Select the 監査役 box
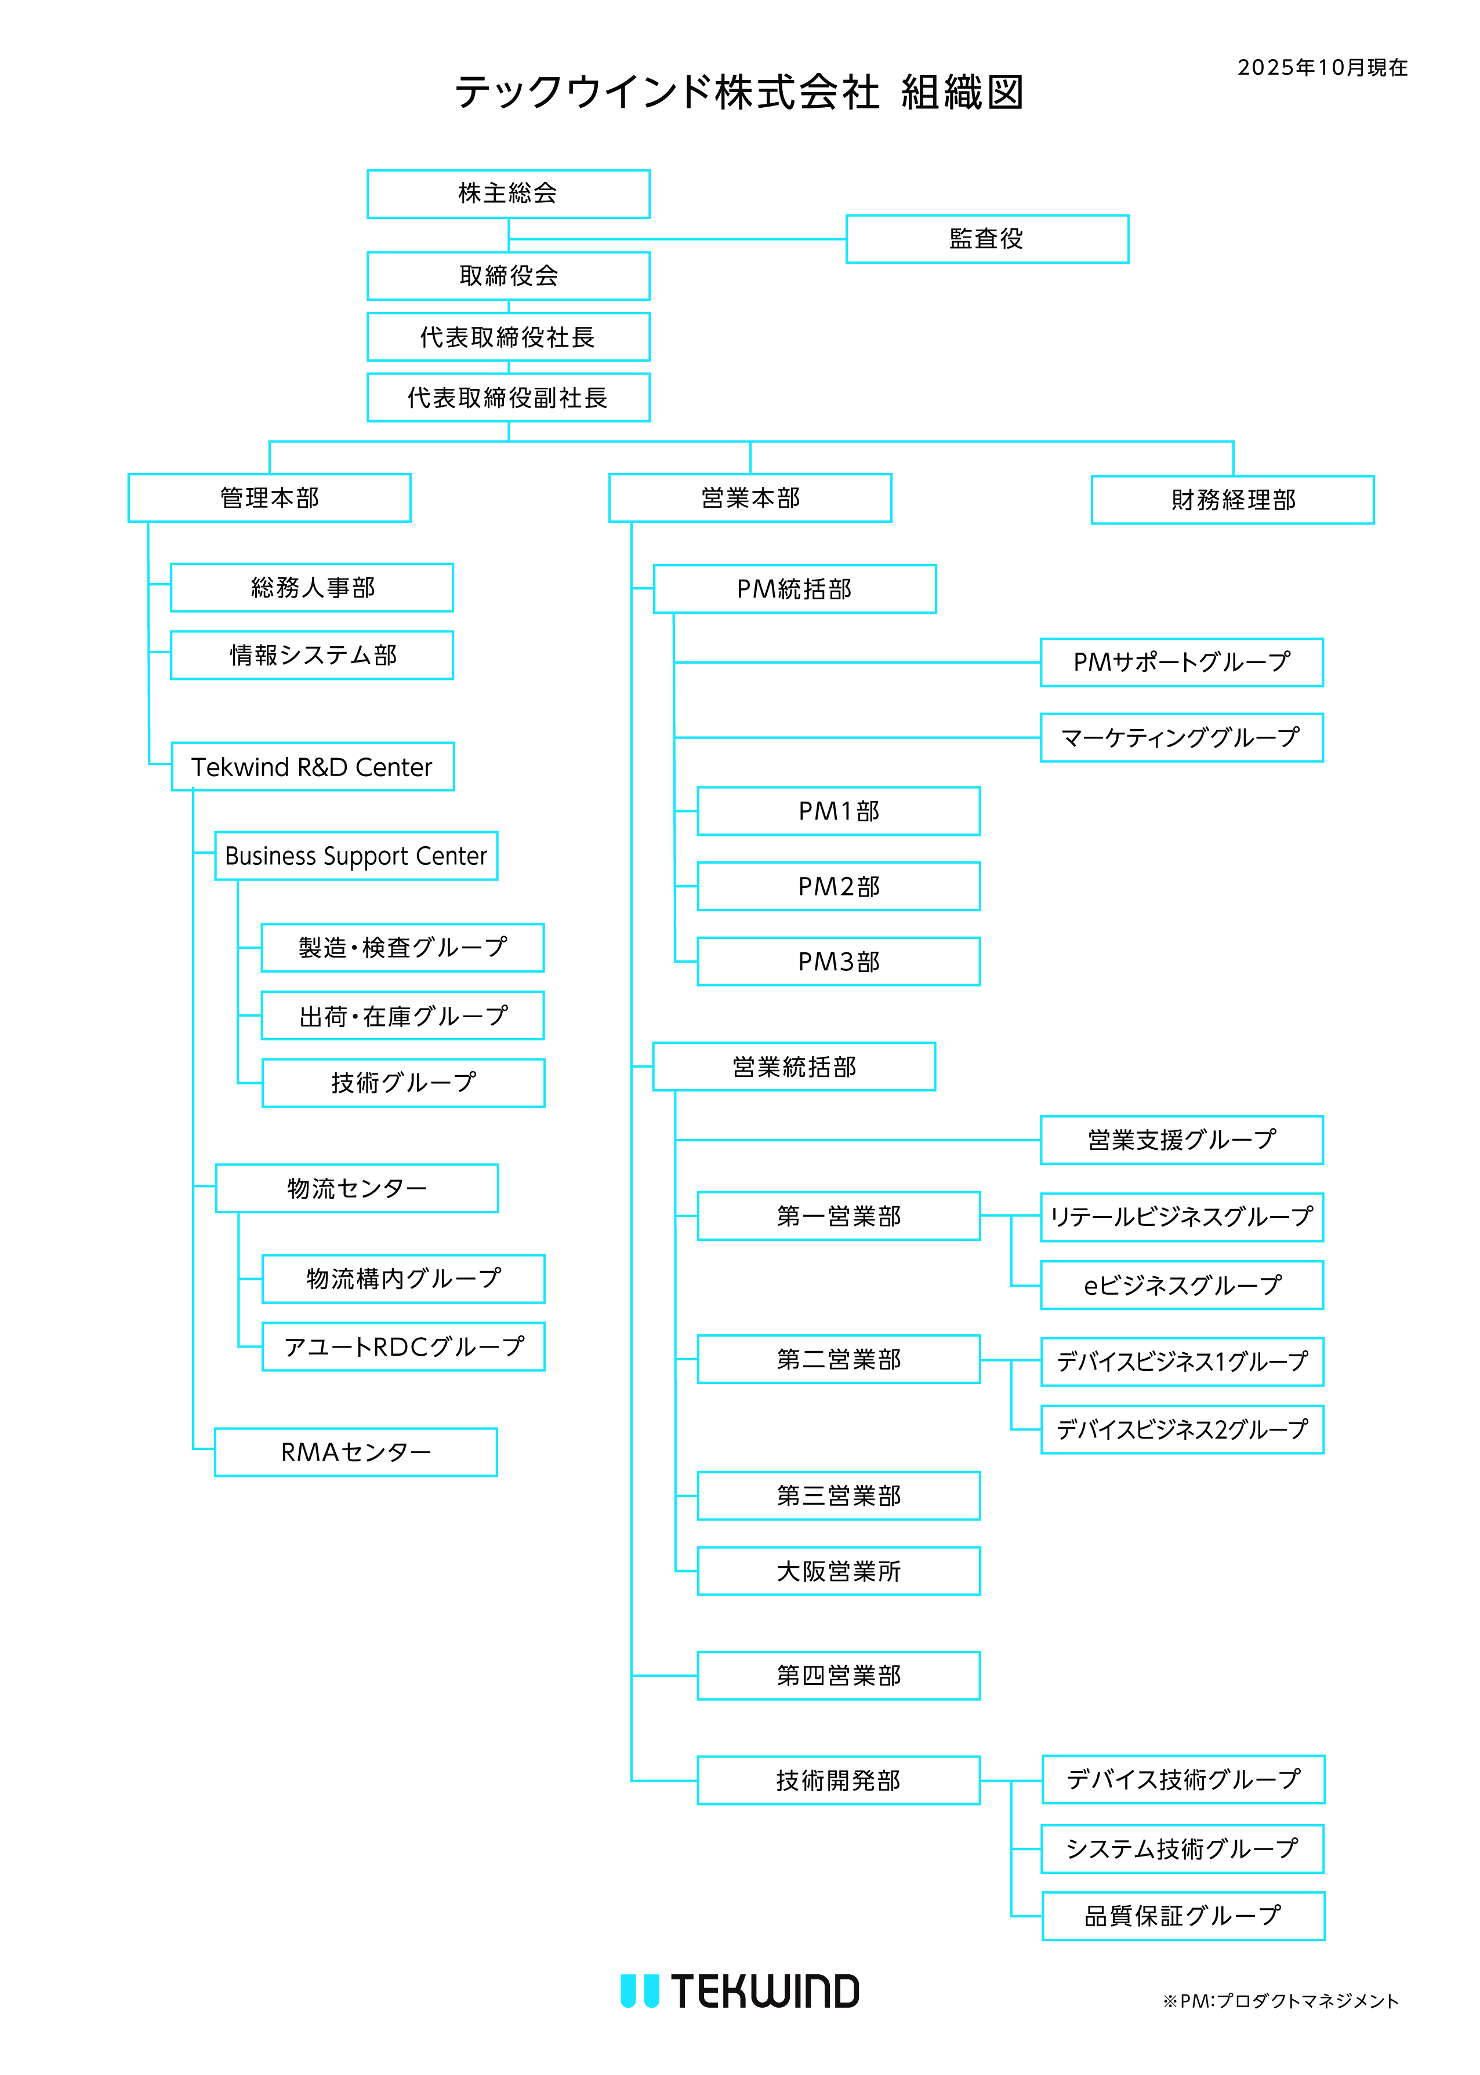[987, 239]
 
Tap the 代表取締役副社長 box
[509, 397]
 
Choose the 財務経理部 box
[1232, 499]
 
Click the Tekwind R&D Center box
[313, 766]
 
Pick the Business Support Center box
[356, 856]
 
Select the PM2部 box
[839, 886]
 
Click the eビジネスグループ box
[1181, 1284]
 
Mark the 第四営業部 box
[839, 1675]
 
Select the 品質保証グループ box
[1183, 1916]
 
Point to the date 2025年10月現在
[1322, 67]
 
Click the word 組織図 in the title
[962, 92]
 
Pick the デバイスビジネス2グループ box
[1182, 1429]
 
